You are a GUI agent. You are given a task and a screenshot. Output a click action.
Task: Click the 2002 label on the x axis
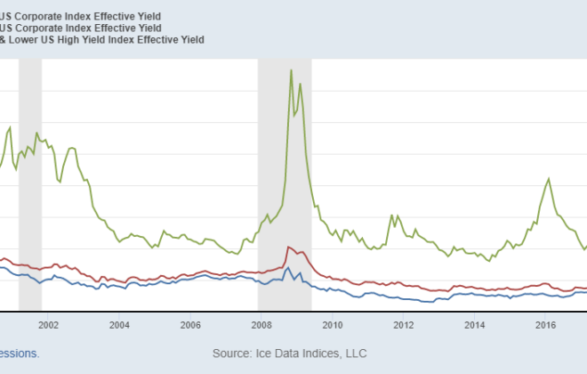[x=48, y=325]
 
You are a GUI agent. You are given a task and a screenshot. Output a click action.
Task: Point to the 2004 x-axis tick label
[x=119, y=325]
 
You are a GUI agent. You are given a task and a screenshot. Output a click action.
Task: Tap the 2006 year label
[x=190, y=325]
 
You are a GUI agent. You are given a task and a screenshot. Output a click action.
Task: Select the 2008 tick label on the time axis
[x=261, y=325]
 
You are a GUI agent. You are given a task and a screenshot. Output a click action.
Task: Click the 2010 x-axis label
[x=333, y=325]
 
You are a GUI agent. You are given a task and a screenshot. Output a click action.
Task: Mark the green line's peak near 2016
[x=548, y=179]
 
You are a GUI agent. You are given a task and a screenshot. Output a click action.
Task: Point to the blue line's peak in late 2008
[x=288, y=266]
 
